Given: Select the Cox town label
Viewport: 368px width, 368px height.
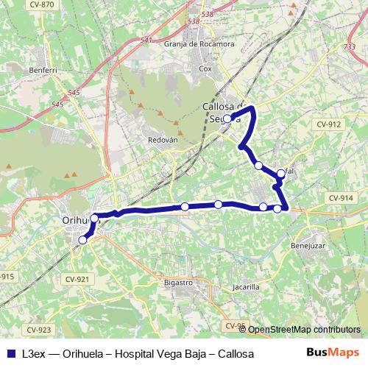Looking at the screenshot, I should click(x=205, y=68).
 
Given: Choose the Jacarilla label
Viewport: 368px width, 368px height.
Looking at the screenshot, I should click(x=245, y=287).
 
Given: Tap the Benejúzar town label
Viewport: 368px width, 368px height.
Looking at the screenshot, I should click(x=308, y=246).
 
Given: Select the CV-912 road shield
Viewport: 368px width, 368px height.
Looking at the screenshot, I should click(x=329, y=124).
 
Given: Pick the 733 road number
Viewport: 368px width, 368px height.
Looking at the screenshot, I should click(x=349, y=47).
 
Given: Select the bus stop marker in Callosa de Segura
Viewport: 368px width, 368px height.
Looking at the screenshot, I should click(x=227, y=118).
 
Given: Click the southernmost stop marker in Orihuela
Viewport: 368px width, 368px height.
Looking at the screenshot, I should click(x=82, y=239).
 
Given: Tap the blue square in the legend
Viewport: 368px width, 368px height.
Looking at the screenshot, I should click(x=7, y=354).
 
